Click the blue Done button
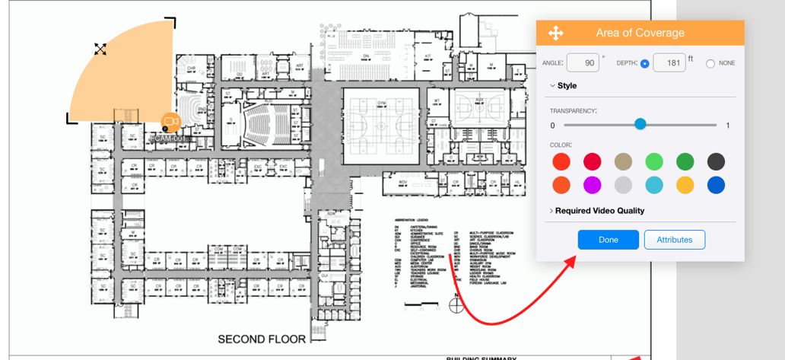(608, 240)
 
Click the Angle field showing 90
(583, 63)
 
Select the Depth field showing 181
(669, 63)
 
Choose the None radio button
(710, 64)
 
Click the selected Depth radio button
(645, 64)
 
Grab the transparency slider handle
(640, 124)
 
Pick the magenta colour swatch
(592, 185)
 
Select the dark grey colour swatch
(716, 161)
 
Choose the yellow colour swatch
(685, 185)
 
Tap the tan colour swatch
(623, 161)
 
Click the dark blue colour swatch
(716, 185)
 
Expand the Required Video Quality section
(599, 211)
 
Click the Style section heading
(567, 86)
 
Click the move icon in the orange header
(555, 33)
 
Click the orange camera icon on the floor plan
(170, 122)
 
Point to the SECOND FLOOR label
(262, 339)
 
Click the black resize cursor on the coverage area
(100, 49)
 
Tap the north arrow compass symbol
(456, 305)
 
